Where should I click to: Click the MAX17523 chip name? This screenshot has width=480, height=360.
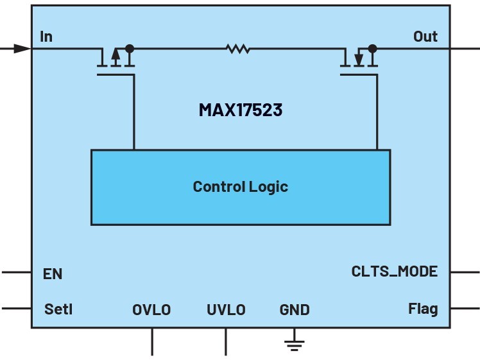pyautogui.click(x=240, y=110)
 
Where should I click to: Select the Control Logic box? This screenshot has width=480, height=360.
pyautogui.click(x=241, y=187)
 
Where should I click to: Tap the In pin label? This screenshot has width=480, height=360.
pyautogui.click(x=46, y=37)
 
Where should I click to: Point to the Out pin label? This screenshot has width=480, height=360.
pyautogui.click(x=425, y=37)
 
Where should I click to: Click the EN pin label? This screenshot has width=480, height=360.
pyautogui.click(x=53, y=273)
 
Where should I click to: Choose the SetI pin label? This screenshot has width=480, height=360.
pyautogui.click(x=58, y=309)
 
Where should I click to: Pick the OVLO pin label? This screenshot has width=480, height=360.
pyautogui.click(x=151, y=310)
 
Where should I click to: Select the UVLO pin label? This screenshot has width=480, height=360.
pyautogui.click(x=227, y=310)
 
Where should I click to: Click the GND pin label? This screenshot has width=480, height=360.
pyautogui.click(x=295, y=310)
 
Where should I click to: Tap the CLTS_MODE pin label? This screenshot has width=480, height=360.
pyautogui.click(x=395, y=271)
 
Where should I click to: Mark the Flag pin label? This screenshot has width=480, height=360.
pyautogui.click(x=423, y=309)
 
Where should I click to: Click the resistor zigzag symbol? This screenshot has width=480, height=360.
pyautogui.click(x=238, y=49)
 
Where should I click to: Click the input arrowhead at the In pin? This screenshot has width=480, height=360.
pyautogui.click(x=22, y=48)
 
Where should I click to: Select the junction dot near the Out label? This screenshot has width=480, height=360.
pyautogui.click(x=373, y=48)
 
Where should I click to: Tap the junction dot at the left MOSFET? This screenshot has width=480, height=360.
pyautogui.click(x=130, y=48)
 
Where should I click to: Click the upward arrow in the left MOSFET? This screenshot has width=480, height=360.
pyautogui.click(x=116, y=56)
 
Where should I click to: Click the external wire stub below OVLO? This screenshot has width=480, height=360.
pyautogui.click(x=152, y=341)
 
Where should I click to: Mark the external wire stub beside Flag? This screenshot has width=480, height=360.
pyautogui.click(x=465, y=308)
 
